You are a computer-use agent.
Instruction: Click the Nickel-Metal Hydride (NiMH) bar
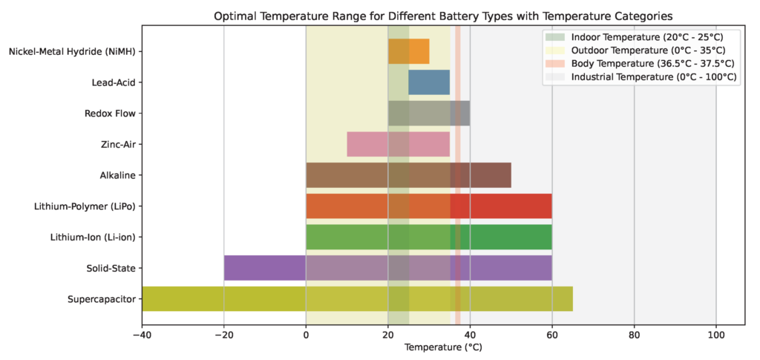pyautogui.click(x=408, y=51)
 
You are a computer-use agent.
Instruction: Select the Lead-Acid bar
pyautogui.click(x=429, y=82)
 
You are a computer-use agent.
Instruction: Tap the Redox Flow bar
pyautogui.click(x=429, y=114)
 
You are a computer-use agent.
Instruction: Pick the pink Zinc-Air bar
pyautogui.click(x=398, y=144)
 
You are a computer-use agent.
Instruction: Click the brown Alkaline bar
pyautogui.click(x=408, y=175)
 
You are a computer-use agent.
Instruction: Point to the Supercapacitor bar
pyautogui.click(x=357, y=298)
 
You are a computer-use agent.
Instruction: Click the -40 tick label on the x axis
pyautogui.click(x=142, y=334)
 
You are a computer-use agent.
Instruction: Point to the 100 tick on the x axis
pyautogui.click(x=716, y=334)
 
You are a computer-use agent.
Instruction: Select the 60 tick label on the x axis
pyautogui.click(x=552, y=334)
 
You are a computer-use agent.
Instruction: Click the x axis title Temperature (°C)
pyautogui.click(x=444, y=347)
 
